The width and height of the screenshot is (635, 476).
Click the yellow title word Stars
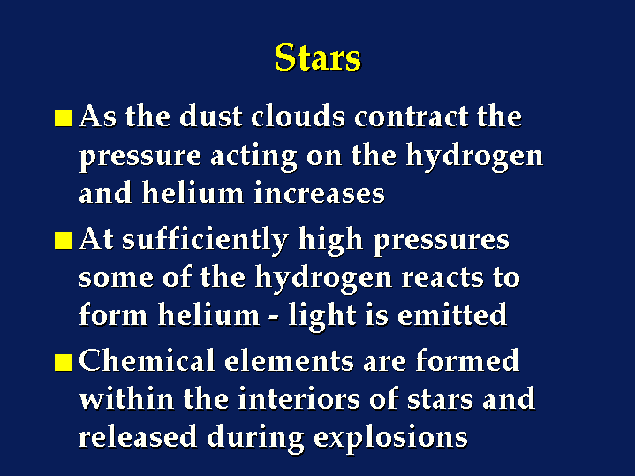(318, 57)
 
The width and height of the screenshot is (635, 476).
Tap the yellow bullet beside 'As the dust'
(64, 117)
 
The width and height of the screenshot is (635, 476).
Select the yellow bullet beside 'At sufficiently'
(64, 240)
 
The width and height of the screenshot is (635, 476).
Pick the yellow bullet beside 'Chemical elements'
(64, 362)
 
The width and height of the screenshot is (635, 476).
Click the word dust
(211, 117)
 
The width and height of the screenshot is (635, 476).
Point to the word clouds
(298, 117)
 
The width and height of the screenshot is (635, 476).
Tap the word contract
(411, 117)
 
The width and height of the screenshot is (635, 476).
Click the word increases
(319, 193)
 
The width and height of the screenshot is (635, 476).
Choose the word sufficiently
(205, 239)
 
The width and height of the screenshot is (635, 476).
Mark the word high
(330, 240)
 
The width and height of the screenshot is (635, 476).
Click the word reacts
(442, 278)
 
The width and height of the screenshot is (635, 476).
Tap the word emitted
(452, 314)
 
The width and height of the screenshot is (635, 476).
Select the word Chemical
(147, 360)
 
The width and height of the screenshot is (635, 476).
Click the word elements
(289, 360)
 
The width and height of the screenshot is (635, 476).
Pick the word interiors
(299, 398)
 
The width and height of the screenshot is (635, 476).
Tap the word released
(138, 436)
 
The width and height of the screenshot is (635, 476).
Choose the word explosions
(390, 438)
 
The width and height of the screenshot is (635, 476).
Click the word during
(255, 438)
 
